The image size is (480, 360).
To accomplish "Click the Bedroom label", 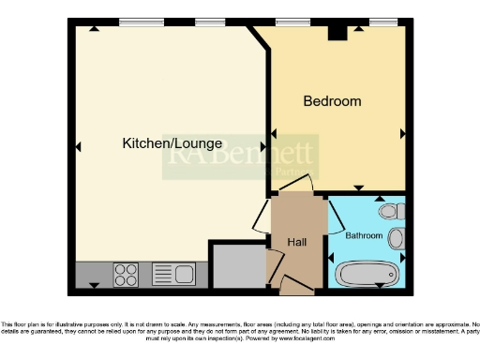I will [x=332, y=101].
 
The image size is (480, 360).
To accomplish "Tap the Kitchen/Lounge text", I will [x=172, y=143].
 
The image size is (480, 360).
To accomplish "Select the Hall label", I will [x=297, y=243].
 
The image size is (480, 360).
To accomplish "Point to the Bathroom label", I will [x=364, y=235].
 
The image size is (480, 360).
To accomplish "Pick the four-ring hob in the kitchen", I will [x=126, y=275].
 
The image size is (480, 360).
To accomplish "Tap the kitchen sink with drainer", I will [x=172, y=275].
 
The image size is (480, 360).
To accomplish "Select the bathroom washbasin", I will [x=397, y=237].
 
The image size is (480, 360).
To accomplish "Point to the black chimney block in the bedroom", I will [x=337, y=33].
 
